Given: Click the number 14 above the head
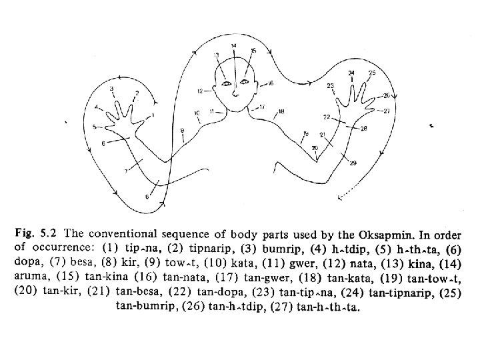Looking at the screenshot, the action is pyautogui.click(x=233, y=45).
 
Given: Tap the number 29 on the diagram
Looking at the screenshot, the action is pyautogui.click(x=353, y=163).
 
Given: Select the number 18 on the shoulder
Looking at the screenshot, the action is pyautogui.click(x=281, y=111).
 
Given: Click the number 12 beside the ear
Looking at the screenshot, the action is pyautogui.click(x=199, y=90).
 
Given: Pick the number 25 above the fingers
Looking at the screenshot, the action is pyautogui.click(x=372, y=72).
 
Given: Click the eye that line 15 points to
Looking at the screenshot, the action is pyautogui.click(x=244, y=82).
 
